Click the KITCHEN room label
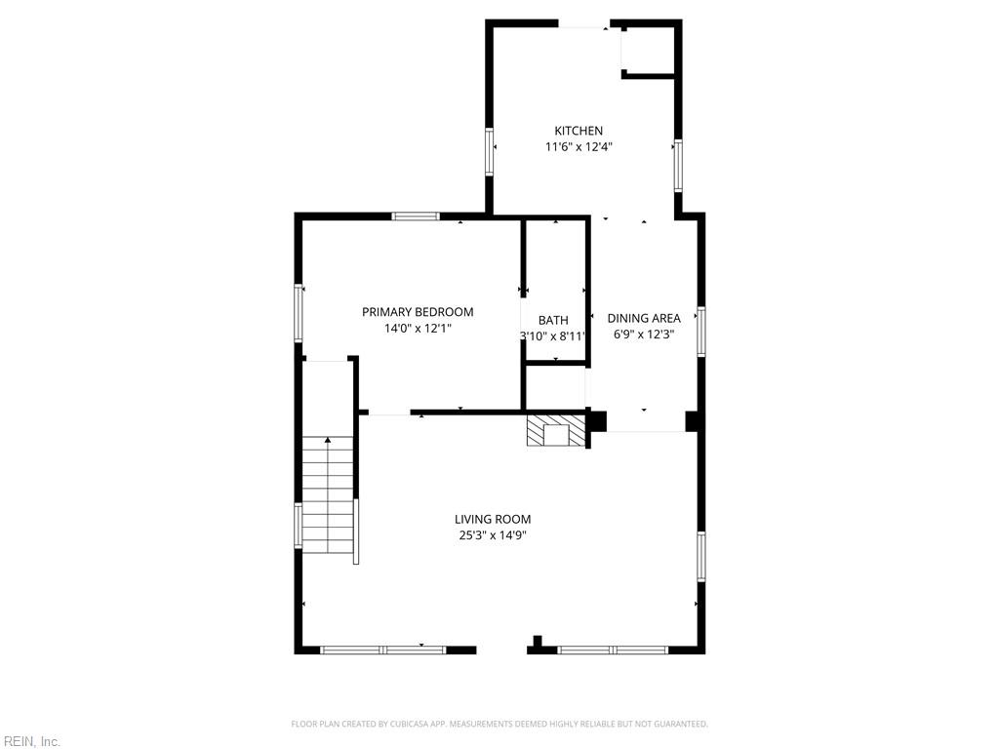579,131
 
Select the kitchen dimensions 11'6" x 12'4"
579,147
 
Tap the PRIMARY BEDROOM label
418,312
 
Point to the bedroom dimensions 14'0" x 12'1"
418,329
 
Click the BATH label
553,320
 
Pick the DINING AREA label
644,318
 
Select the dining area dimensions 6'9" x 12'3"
644,335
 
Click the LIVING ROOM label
493,519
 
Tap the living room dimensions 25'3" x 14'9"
493,535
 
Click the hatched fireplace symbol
555,431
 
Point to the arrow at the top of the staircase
328,440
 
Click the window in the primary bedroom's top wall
416,217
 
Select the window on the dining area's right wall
700,332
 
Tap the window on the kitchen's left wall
490,151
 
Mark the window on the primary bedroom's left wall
298,313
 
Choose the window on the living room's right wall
700,557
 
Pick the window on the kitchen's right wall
678,166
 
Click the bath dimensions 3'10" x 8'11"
552,336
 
